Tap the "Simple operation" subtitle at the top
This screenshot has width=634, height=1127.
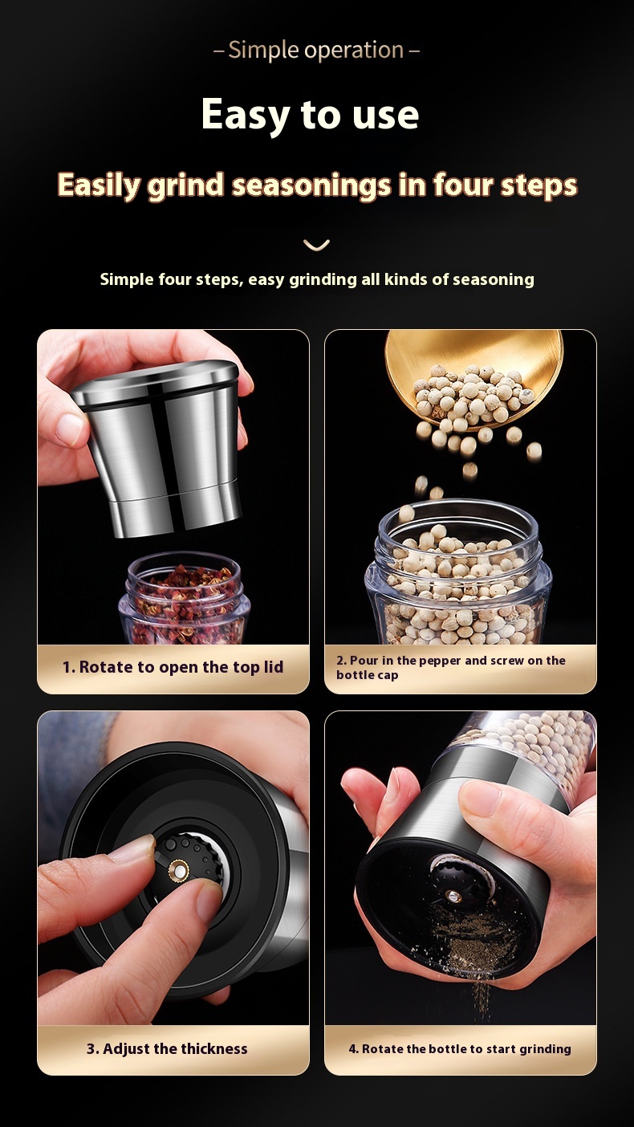coord(316,51)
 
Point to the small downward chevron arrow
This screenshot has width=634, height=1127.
coord(316,245)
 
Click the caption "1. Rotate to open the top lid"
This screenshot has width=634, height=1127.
coord(173,667)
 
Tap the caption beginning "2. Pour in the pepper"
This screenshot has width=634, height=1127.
coord(451,667)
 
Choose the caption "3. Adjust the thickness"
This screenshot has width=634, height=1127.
coord(167,1048)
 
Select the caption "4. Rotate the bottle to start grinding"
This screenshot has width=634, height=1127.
coord(460,1048)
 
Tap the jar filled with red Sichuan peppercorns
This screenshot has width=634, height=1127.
coord(184,599)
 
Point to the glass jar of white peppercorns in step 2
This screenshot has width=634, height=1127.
coord(458,574)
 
